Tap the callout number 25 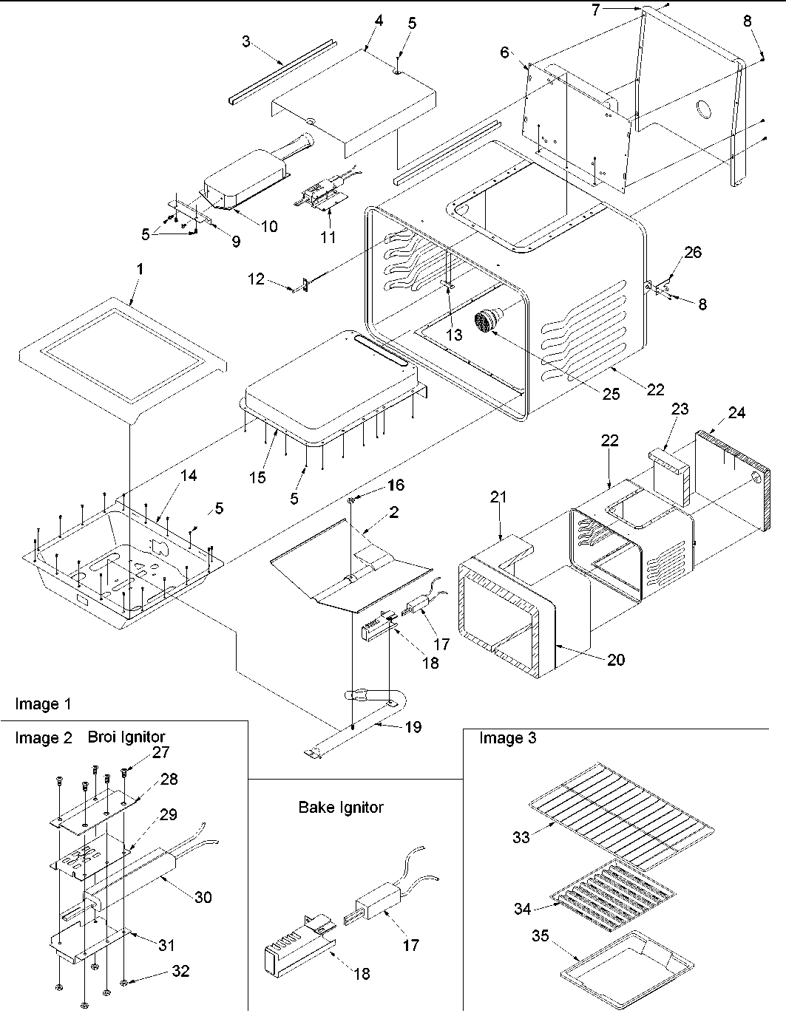click(x=610, y=394)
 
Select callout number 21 click(x=498, y=497)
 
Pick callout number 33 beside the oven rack click(x=521, y=837)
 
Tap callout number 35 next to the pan click(x=541, y=936)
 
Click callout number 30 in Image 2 click(x=203, y=896)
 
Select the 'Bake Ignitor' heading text click(x=341, y=807)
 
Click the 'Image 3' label click(x=507, y=737)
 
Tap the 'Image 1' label click(x=43, y=704)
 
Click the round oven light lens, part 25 click(x=485, y=323)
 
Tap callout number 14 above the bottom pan click(x=189, y=476)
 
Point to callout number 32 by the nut click(x=180, y=971)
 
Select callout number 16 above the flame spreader click(x=396, y=485)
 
